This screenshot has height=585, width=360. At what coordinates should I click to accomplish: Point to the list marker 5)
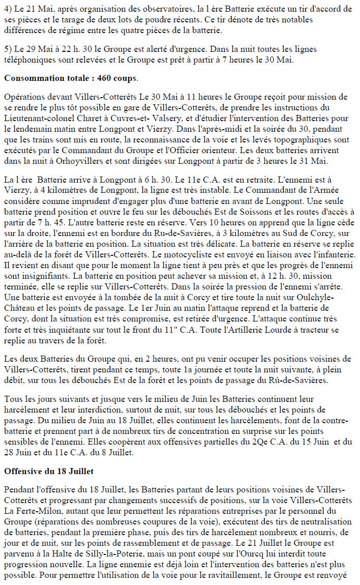click(7, 49)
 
